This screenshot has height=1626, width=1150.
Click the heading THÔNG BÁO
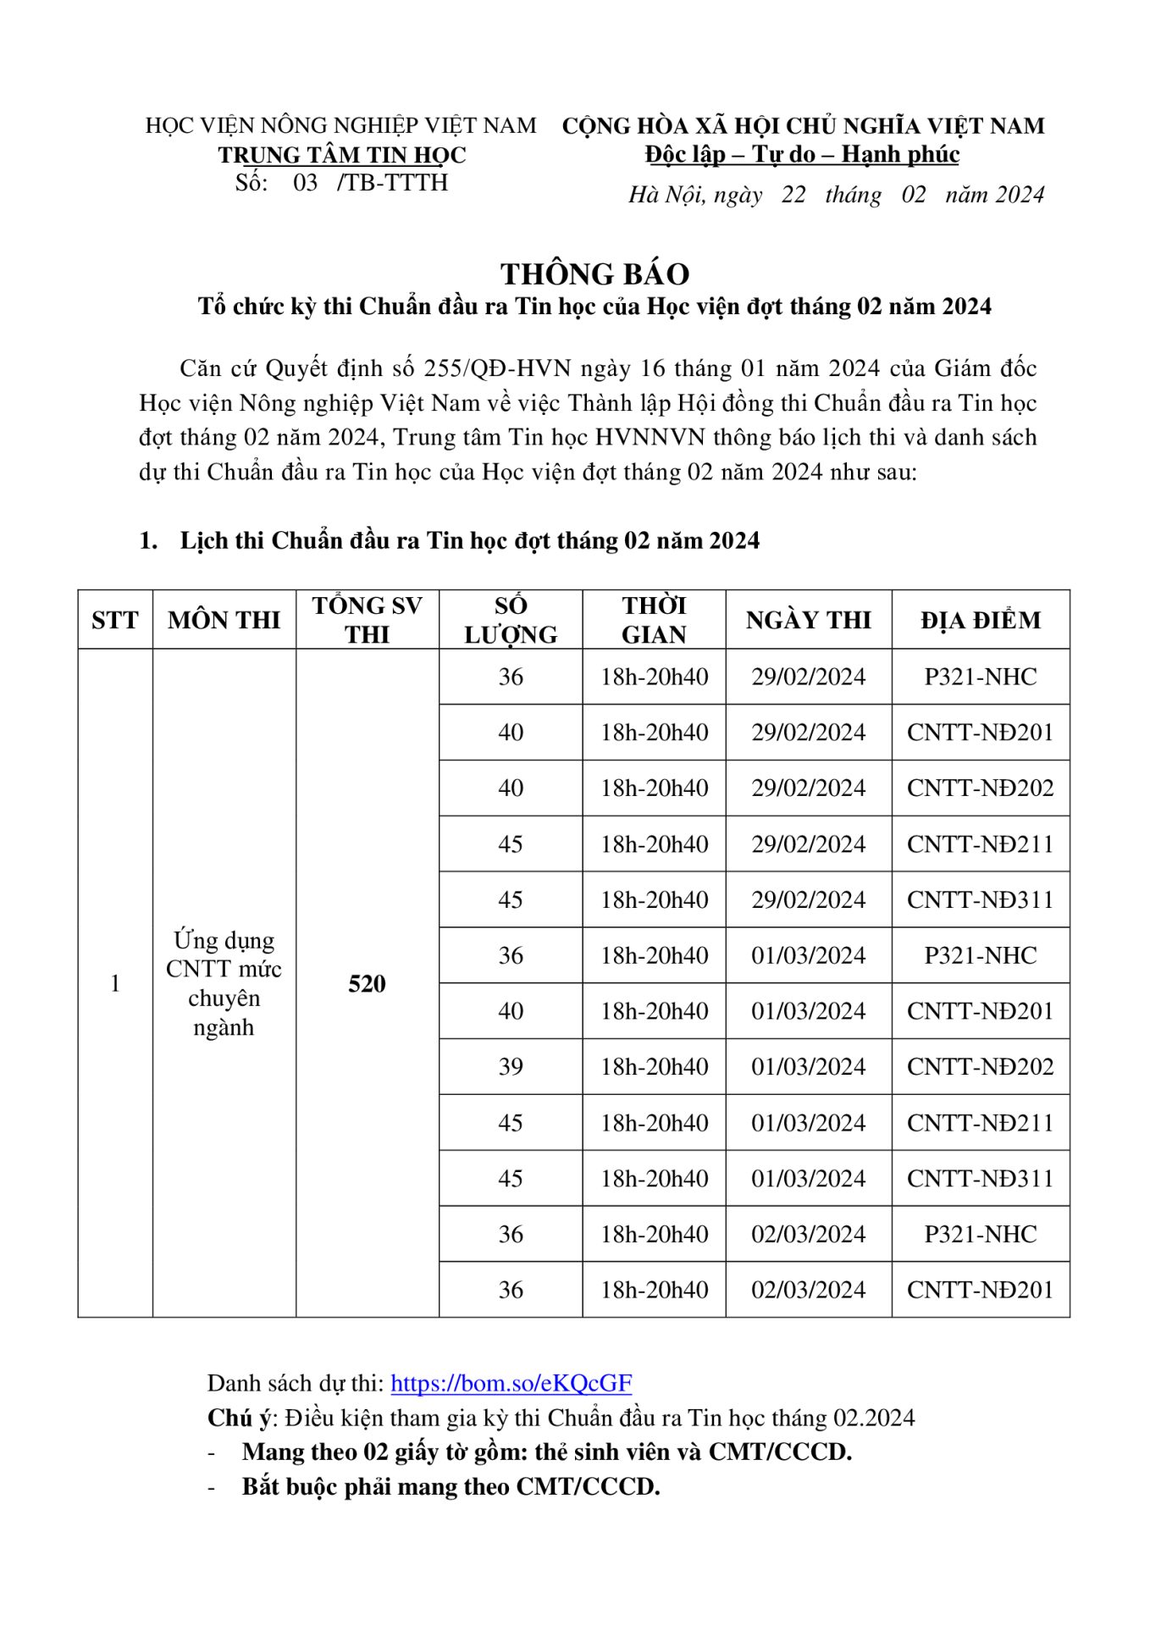[x=594, y=274]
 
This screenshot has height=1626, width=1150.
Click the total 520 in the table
[x=367, y=983]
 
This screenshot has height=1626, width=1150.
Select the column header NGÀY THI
[x=808, y=620]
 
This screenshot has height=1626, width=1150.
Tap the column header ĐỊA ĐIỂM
[x=981, y=620]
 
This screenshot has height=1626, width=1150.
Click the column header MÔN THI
[x=224, y=620]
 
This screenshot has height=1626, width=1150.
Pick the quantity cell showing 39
[x=510, y=1066]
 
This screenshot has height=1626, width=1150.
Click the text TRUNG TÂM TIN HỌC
[x=342, y=155]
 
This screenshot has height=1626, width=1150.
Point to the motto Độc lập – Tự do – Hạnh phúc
[x=802, y=154]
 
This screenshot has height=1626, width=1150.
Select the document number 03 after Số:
[x=305, y=183]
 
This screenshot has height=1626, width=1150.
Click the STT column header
[x=114, y=620]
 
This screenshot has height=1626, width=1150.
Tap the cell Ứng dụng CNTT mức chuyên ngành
[x=224, y=983]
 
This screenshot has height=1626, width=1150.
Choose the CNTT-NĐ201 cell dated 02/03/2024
[x=980, y=1289]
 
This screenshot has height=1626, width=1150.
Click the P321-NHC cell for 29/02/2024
[x=980, y=677]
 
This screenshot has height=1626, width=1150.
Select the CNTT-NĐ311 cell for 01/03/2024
[x=980, y=1178]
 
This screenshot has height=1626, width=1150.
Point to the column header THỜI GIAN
[x=654, y=620]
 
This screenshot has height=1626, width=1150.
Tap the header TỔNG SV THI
[x=367, y=620]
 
